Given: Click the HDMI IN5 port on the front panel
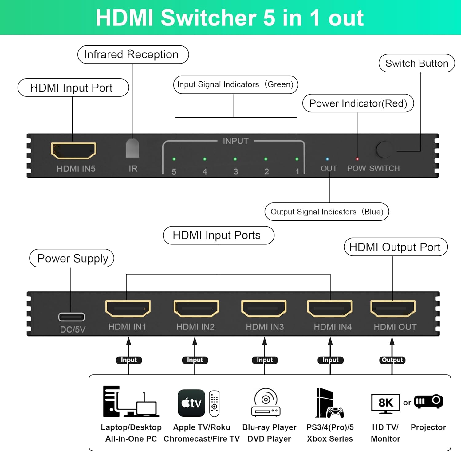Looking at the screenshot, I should [x=73, y=150].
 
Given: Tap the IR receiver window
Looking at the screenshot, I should [x=132, y=148].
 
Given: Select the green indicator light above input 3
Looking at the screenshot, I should [x=235, y=159].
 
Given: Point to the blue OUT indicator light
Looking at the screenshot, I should [x=327, y=159].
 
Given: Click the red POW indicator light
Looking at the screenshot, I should [x=357, y=159].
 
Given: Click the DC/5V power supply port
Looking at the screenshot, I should [x=72, y=317].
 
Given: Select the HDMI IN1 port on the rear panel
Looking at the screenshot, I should [x=128, y=308].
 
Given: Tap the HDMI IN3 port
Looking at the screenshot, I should [x=264, y=308].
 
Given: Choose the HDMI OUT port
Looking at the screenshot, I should [x=393, y=308].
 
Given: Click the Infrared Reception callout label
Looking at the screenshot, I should [x=133, y=55].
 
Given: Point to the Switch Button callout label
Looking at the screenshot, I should [x=416, y=63].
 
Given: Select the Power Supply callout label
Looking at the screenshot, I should [x=72, y=258].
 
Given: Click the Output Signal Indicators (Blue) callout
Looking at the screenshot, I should [x=327, y=212].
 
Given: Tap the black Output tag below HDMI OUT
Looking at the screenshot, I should [x=392, y=360].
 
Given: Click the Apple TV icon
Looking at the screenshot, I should [x=191, y=403].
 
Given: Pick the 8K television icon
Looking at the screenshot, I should [x=385, y=403].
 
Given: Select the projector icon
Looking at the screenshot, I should [x=428, y=401].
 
